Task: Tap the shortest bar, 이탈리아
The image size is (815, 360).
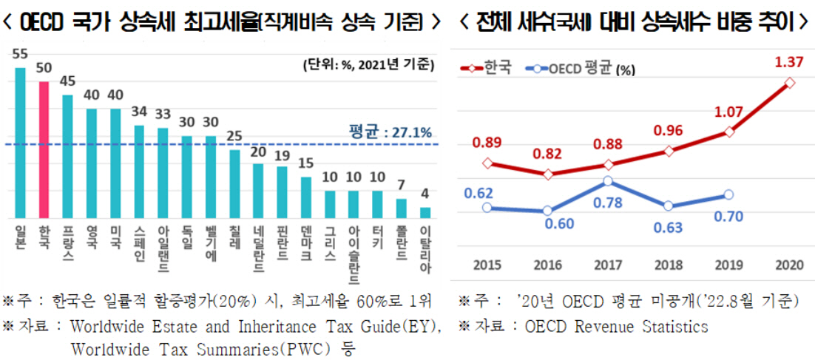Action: pos(425,213)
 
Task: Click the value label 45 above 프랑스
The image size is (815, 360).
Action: pos(67,81)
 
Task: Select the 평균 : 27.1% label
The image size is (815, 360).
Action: pos(390,132)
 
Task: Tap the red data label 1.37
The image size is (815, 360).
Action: pos(788,63)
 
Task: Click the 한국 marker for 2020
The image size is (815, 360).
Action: pos(789,83)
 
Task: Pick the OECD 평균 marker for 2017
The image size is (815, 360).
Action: pos(607,181)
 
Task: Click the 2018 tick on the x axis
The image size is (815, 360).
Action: pos(668,265)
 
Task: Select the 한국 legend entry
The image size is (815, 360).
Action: pos(487,69)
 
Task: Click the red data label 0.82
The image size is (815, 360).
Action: pos(548,154)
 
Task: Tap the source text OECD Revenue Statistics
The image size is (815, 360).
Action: pos(616,326)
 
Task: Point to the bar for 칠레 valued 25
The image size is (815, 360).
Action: pos(234,184)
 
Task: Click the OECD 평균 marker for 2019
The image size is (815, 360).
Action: pos(728,194)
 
